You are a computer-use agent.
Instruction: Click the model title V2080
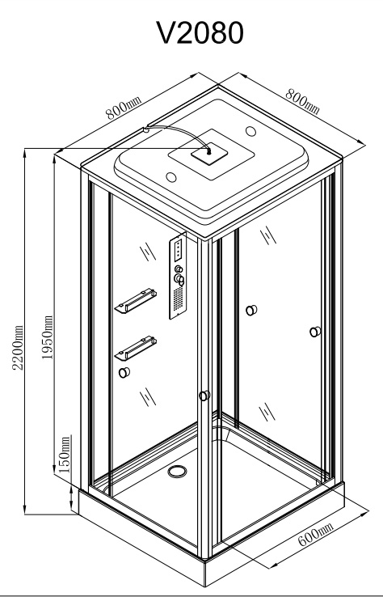click(x=200, y=33)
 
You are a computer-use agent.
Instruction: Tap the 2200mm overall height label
click(x=18, y=347)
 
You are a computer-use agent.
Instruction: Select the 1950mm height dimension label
click(x=47, y=337)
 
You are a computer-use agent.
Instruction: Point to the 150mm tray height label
click(x=65, y=455)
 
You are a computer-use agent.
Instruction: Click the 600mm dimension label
click(x=315, y=534)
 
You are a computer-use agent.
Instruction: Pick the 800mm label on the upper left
click(x=124, y=108)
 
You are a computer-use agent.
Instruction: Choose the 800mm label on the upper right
click(x=302, y=101)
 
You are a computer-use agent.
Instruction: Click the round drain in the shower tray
click(x=177, y=471)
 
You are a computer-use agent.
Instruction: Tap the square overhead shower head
click(x=209, y=154)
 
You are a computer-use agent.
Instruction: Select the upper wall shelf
click(x=136, y=301)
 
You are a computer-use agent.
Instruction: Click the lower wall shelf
click(x=136, y=348)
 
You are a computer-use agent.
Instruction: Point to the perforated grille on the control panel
click(x=178, y=298)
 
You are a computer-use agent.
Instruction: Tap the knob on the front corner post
click(x=204, y=396)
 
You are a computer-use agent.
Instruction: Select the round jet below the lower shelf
click(x=124, y=372)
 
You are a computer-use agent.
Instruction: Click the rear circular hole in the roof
click(x=250, y=131)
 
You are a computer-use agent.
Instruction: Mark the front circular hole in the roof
click(x=171, y=177)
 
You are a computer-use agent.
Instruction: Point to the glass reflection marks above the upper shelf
click(x=148, y=252)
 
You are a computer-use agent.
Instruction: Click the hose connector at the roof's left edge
click(x=145, y=129)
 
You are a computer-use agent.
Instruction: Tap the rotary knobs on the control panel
click(x=179, y=275)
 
